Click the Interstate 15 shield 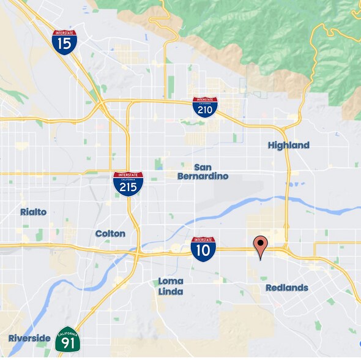pos(64,42)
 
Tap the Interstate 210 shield pos(204,107)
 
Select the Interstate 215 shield pos(128,183)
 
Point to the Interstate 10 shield pos(203,249)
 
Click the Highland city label pos(289,145)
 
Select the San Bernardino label pos(203,171)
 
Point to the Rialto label pos(33,212)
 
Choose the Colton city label pos(110,233)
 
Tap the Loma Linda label pos(171,287)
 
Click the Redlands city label pos(287,288)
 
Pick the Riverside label pos(29,338)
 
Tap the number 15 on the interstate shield pos(64,43)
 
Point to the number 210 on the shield pos(204,109)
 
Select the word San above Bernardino pos(203,167)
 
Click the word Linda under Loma pos(171,291)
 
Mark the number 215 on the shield pos(128,186)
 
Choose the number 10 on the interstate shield pos(203,251)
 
